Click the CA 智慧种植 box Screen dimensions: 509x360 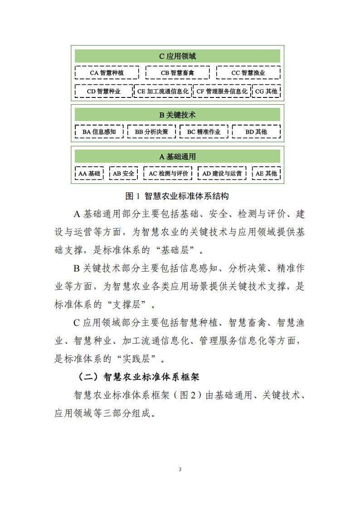point(107,73)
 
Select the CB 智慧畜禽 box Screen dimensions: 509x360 point(177,73)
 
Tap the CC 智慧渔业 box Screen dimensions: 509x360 point(248,73)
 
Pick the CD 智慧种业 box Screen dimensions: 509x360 point(104,91)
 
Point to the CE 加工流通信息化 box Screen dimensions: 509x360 point(162,91)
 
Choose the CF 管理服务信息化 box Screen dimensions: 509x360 point(222,91)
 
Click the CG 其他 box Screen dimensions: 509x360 point(266,91)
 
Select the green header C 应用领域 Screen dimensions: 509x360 point(177,56)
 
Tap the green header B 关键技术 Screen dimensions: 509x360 point(177,115)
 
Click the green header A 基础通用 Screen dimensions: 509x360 point(177,157)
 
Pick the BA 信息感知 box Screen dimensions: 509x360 point(99,132)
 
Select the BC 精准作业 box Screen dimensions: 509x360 point(204,132)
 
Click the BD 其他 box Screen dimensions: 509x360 point(256,132)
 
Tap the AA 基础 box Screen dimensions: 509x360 point(89,173)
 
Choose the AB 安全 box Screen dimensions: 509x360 point(123,173)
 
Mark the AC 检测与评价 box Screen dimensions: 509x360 point(168,173)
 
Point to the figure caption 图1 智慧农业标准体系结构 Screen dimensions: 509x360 point(177,196)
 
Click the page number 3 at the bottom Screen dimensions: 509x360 point(180,469)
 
